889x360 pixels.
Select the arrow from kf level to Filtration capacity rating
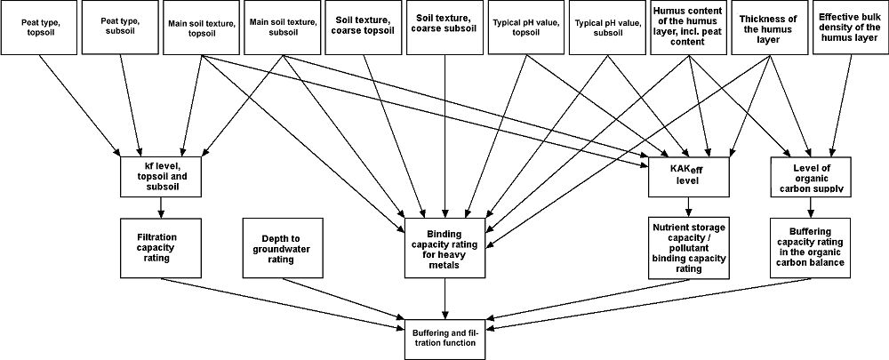(x=161, y=206)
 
